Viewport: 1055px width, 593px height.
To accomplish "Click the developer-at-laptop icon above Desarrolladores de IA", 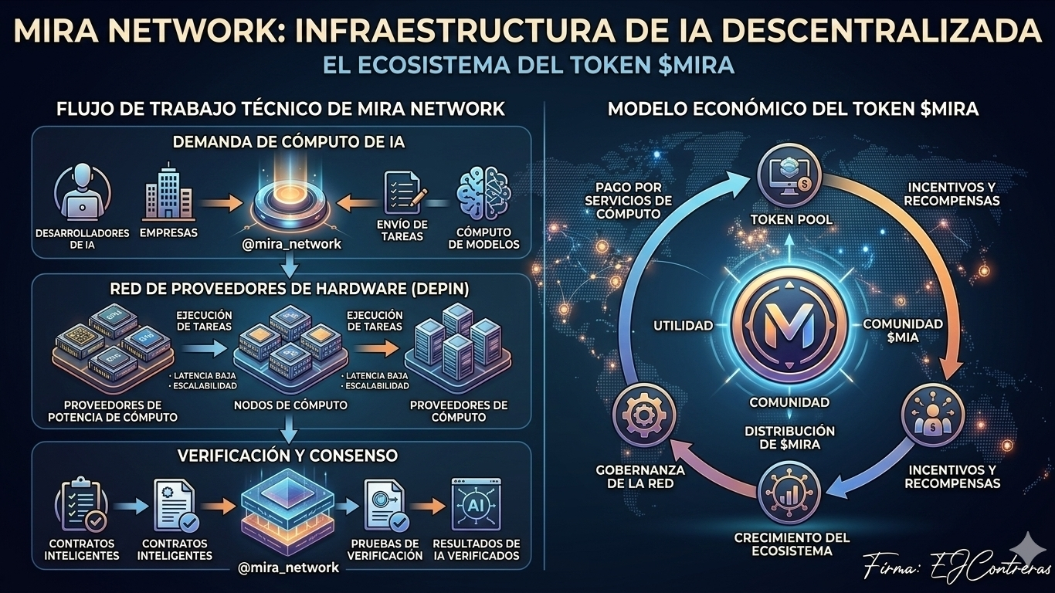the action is point(83,195).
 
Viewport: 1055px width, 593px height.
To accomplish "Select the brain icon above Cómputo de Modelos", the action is point(484,194).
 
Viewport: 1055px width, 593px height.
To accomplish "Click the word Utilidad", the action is point(684,326).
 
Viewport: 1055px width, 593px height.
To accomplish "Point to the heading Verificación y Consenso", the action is point(288,456).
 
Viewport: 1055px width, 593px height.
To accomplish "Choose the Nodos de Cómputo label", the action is point(290,405).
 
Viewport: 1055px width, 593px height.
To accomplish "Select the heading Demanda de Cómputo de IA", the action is point(289,142).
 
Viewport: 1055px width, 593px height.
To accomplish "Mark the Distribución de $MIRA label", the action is point(789,438).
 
